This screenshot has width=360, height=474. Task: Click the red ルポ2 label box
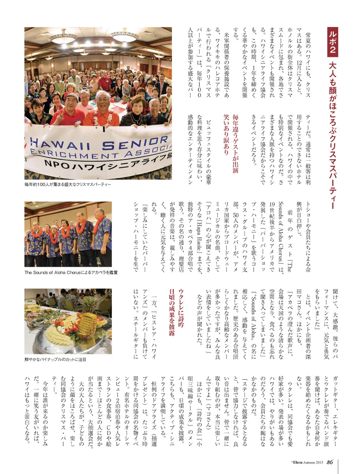pyautogui.click(x=332, y=42)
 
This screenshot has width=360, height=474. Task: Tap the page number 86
pyautogui.click(x=330, y=462)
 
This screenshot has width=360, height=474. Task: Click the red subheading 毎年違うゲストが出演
pyautogui.click(x=235, y=144)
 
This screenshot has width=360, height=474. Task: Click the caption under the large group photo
pyautogui.click(x=68, y=184)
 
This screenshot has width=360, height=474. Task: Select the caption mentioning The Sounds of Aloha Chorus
pyautogui.click(x=71, y=272)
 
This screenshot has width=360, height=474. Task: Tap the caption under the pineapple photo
pyautogui.click(x=55, y=359)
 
